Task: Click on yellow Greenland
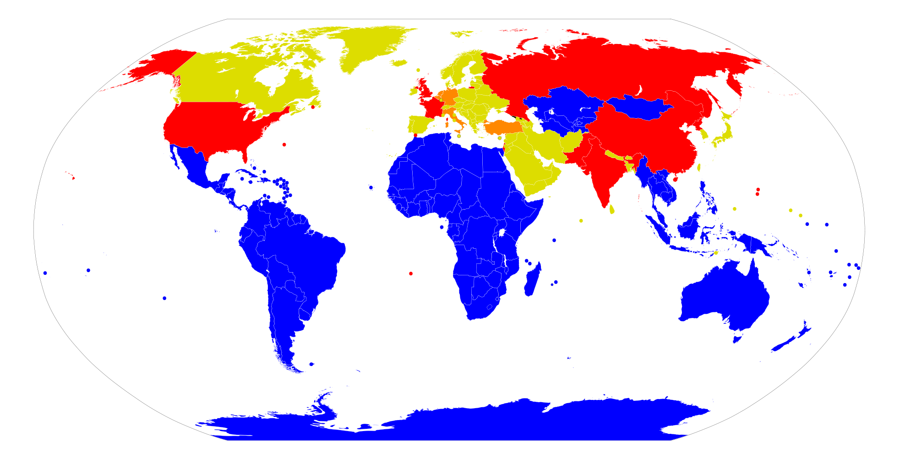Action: click(371, 46)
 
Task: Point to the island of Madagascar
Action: click(532, 279)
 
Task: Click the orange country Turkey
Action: click(504, 127)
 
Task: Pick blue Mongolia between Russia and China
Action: click(639, 108)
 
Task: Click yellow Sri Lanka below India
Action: click(612, 209)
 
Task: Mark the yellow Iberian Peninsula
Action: click(419, 124)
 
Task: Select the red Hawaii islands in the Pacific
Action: click(73, 177)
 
